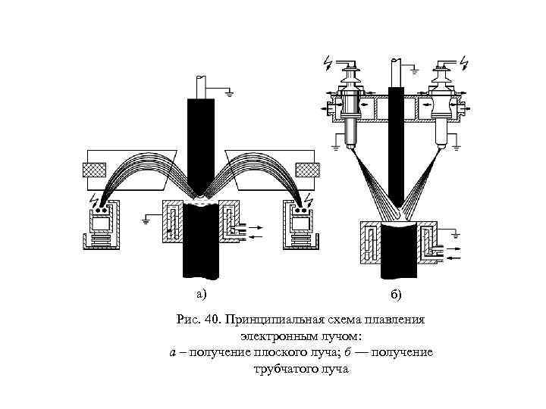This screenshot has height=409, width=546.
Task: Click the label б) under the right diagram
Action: pyautogui.click(x=397, y=294)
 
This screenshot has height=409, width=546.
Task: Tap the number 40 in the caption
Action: pyautogui.click(x=212, y=319)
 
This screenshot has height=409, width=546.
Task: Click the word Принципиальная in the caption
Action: pyautogui.click(x=268, y=319)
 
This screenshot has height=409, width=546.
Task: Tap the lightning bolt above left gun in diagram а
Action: pyautogui.click(x=94, y=201)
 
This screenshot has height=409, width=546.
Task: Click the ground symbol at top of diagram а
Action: pyautogui.click(x=228, y=92)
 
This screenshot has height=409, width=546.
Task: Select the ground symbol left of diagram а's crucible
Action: pyautogui.click(x=146, y=221)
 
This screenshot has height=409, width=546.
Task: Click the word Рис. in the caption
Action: pyautogui.click(x=187, y=319)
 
